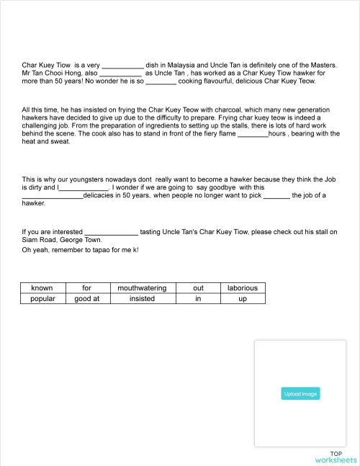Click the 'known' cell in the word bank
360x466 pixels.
point(42,288)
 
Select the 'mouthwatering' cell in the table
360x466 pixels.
point(142,288)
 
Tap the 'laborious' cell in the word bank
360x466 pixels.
point(242,288)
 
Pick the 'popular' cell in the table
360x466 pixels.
point(42,298)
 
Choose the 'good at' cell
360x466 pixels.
point(86,298)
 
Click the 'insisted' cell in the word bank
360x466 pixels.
point(142,298)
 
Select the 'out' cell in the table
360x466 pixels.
point(198,288)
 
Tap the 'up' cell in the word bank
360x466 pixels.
point(242,298)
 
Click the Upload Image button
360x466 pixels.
point(300,394)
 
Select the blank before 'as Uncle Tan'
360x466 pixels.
point(120,73)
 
